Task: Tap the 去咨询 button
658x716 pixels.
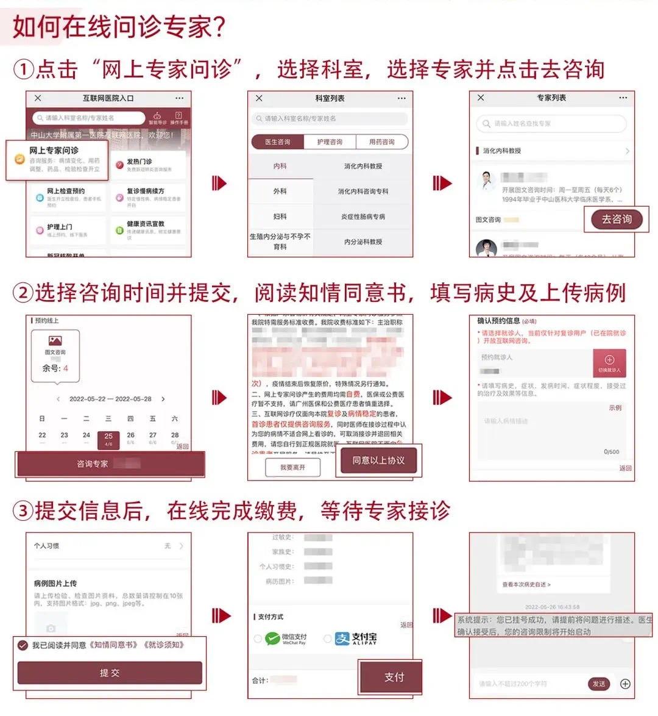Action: [616, 220]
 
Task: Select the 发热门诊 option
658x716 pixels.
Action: [148, 165]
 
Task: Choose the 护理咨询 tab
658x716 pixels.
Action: [330, 142]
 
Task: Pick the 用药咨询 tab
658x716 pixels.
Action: [381, 142]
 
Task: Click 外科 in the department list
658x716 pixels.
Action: [280, 192]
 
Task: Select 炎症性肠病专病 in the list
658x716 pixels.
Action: [363, 217]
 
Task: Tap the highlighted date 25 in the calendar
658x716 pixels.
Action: [108, 438]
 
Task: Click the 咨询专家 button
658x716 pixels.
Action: [110, 464]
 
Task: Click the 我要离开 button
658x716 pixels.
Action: [292, 467]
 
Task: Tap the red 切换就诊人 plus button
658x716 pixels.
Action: [609, 363]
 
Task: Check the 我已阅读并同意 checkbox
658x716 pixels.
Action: [23, 645]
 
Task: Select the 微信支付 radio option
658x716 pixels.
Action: [258, 639]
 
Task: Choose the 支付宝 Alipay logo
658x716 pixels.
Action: [356, 639]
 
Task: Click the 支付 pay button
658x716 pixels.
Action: [394, 677]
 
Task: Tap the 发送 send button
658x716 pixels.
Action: [599, 684]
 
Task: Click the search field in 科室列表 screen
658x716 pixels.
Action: [330, 118]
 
